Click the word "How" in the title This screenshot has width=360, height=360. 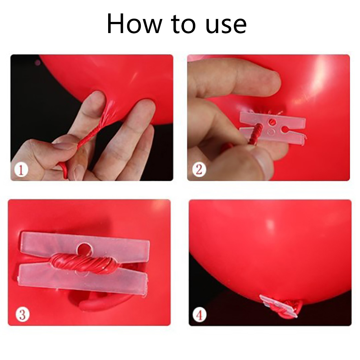point(134,24)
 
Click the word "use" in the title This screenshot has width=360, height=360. point(226,27)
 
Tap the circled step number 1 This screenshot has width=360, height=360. point(21,170)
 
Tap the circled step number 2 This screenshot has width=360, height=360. point(199,170)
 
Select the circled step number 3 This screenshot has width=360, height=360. point(23,314)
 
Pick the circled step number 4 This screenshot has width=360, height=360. point(199,315)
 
